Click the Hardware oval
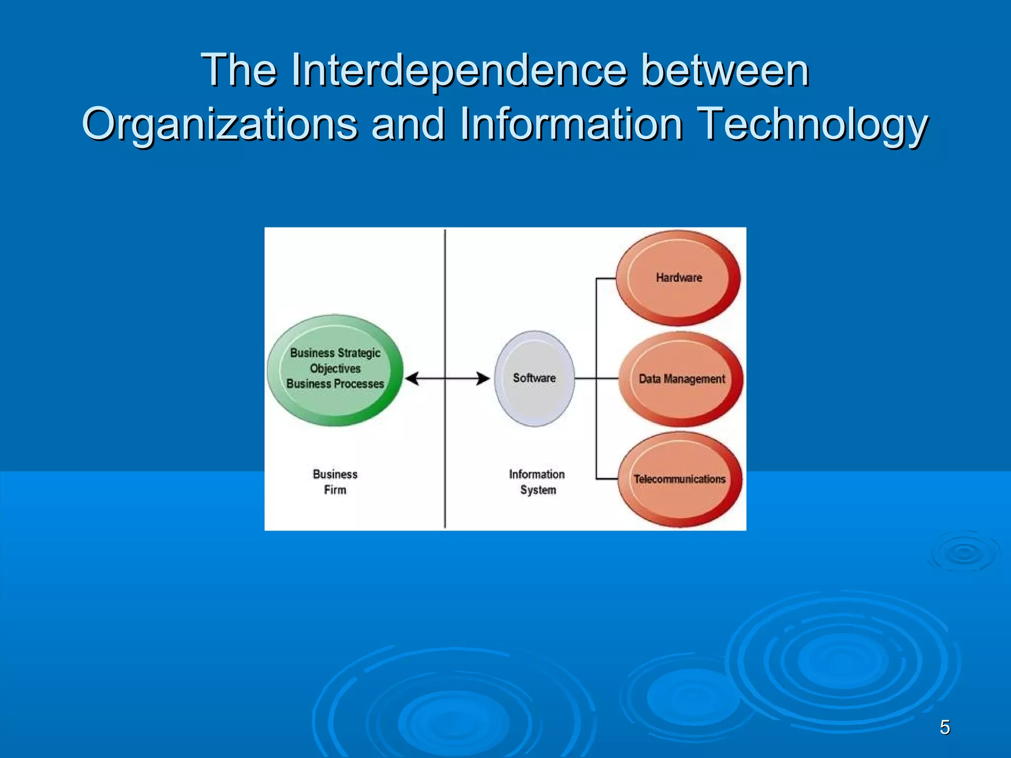click(678, 278)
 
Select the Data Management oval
click(681, 379)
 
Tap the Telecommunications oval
click(680, 479)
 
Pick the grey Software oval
click(534, 378)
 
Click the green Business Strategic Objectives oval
click(335, 370)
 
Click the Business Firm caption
click(335, 482)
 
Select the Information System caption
click(537, 482)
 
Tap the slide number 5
click(945, 727)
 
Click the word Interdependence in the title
click(459, 70)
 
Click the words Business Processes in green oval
click(335, 384)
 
